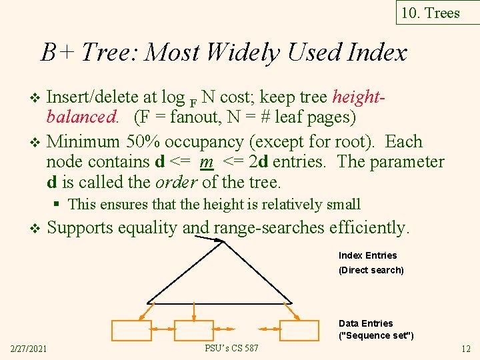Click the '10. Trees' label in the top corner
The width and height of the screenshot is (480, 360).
tap(431, 13)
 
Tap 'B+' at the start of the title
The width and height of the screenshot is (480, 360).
tap(54, 52)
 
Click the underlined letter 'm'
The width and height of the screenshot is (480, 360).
tap(206, 162)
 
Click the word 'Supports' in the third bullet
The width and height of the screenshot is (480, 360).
tap(80, 228)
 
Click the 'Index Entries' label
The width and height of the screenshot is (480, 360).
tap(367, 255)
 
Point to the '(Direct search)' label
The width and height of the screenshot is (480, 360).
tap(371, 270)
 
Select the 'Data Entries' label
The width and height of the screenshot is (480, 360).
tap(365, 323)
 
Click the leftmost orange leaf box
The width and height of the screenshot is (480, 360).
tap(131, 331)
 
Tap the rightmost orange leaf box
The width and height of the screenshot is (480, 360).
tap(299, 331)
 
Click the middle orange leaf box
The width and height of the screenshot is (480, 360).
tap(193, 331)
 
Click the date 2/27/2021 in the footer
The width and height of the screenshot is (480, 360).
tap(28, 349)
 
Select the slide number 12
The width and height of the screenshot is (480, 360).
tap(465, 349)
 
